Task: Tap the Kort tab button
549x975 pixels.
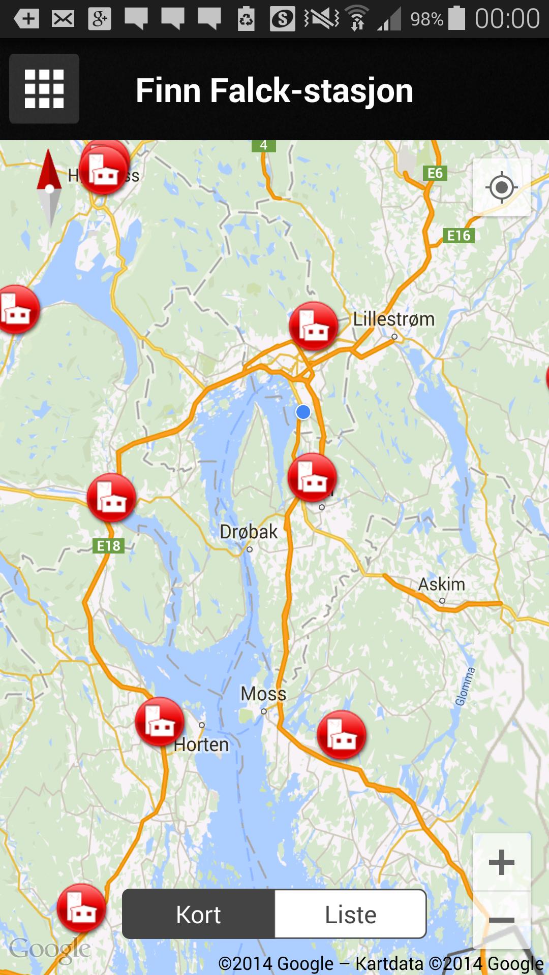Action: click(198, 915)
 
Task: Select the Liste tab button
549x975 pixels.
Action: click(350, 915)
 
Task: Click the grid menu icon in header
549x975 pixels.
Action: click(44, 89)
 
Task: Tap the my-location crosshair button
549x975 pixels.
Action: click(501, 188)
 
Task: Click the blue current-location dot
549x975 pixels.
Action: click(303, 412)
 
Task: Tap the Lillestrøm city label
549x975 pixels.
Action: click(394, 319)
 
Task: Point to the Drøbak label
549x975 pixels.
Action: click(249, 532)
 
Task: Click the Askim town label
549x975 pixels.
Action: click(441, 584)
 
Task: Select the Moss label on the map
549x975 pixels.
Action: click(263, 694)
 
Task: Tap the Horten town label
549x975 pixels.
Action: click(201, 745)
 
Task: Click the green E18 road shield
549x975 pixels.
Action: click(109, 546)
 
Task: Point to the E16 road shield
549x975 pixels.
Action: click(459, 236)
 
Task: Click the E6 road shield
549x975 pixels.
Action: click(435, 174)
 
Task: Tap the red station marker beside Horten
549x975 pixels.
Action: click(160, 722)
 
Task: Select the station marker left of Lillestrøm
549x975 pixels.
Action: click(314, 326)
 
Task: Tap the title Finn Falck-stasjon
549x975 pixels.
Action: click(274, 90)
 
